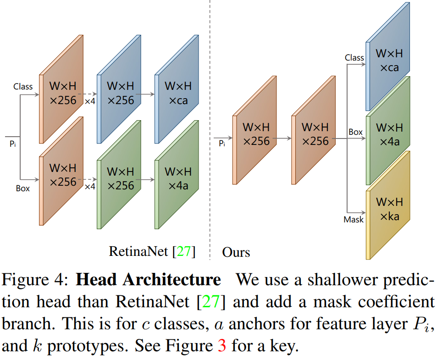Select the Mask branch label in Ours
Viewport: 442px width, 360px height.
[x=354, y=220]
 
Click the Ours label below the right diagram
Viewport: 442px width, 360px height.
[x=236, y=252]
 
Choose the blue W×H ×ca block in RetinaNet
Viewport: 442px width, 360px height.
[x=177, y=94]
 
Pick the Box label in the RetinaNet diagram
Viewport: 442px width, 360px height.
[x=23, y=188]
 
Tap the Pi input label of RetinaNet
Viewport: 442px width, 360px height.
[x=12, y=144]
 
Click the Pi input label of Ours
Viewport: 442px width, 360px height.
[x=222, y=144]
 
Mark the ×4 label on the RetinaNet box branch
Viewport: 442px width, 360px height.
[x=90, y=186]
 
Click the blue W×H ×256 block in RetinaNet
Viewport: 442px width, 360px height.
[x=120, y=94]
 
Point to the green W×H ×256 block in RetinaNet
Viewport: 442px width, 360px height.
[x=120, y=179]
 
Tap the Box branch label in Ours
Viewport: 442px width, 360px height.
[x=355, y=132]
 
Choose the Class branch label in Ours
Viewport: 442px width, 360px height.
[x=354, y=58]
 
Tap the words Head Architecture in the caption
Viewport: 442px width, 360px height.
[x=148, y=280]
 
